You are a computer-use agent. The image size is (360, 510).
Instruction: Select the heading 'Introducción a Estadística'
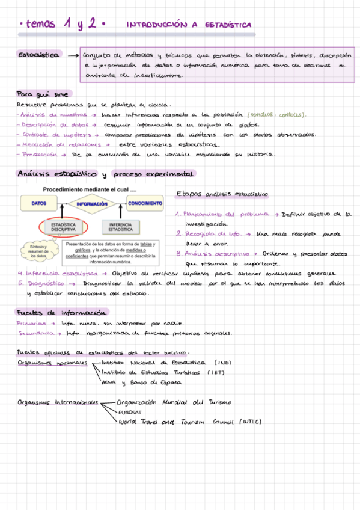(x=189, y=25)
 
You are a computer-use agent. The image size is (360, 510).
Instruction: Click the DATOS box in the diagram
(x=38, y=204)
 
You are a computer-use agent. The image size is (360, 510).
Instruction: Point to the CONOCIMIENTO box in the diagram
(x=145, y=204)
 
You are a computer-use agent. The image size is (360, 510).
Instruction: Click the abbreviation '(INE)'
(x=222, y=363)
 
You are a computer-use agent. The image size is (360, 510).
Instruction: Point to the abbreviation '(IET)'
(x=216, y=372)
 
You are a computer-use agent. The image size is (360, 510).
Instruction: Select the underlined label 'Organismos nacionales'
(x=52, y=363)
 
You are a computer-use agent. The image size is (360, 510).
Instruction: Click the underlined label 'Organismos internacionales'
(x=58, y=402)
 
